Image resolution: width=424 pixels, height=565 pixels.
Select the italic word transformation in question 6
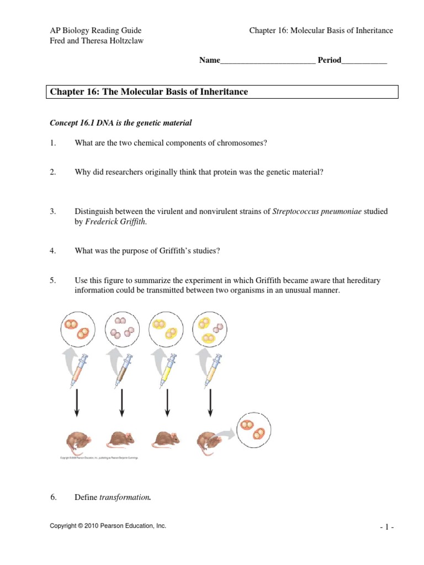(x=124, y=498)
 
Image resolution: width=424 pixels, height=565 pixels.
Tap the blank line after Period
(x=364, y=61)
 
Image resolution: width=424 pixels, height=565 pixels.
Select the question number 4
(x=53, y=251)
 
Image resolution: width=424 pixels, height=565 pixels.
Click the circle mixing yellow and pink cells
(x=209, y=329)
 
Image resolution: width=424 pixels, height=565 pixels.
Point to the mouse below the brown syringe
(x=121, y=439)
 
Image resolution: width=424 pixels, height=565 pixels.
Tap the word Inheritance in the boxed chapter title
(x=220, y=92)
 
